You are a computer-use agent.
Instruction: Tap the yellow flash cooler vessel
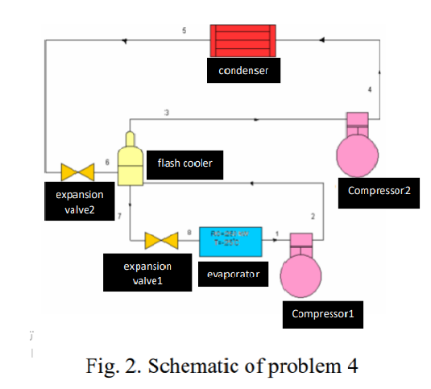point(128,159)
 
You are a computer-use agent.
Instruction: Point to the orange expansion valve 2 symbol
point(78,172)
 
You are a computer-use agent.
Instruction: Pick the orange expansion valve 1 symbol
point(162,241)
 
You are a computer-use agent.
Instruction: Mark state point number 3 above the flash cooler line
point(166,112)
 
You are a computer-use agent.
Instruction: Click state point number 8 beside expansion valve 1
point(189,233)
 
